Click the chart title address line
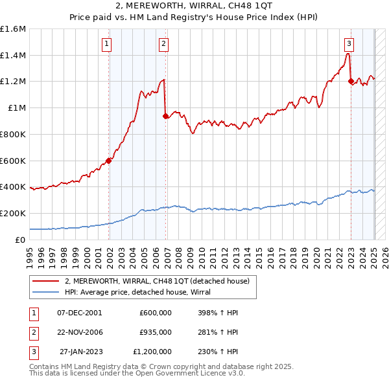tap(194, 6)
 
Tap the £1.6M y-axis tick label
tap(13, 29)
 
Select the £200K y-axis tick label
tap(13, 213)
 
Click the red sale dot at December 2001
tap(109, 161)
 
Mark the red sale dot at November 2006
tap(166, 117)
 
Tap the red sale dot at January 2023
tap(351, 82)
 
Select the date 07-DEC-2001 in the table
tap(79, 312)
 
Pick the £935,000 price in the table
tap(156, 332)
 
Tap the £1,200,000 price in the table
tap(152, 352)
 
